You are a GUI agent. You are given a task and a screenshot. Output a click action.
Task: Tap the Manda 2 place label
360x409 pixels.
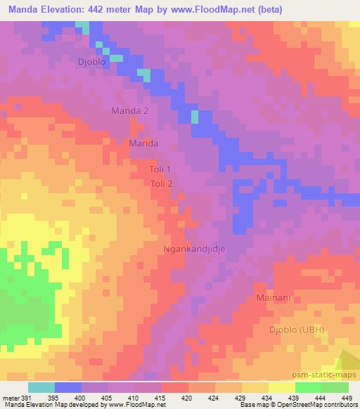[x=131, y=111]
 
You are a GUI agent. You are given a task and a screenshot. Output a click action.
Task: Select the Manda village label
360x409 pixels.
[x=143, y=143]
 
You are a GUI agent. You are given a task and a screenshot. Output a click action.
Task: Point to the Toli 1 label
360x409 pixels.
[x=160, y=170]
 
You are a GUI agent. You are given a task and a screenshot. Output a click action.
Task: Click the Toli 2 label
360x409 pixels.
[x=161, y=183]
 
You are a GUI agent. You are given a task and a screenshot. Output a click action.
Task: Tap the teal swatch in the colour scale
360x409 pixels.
[x=41, y=387]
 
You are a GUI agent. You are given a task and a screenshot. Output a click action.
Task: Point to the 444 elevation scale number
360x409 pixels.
[x=321, y=398]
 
